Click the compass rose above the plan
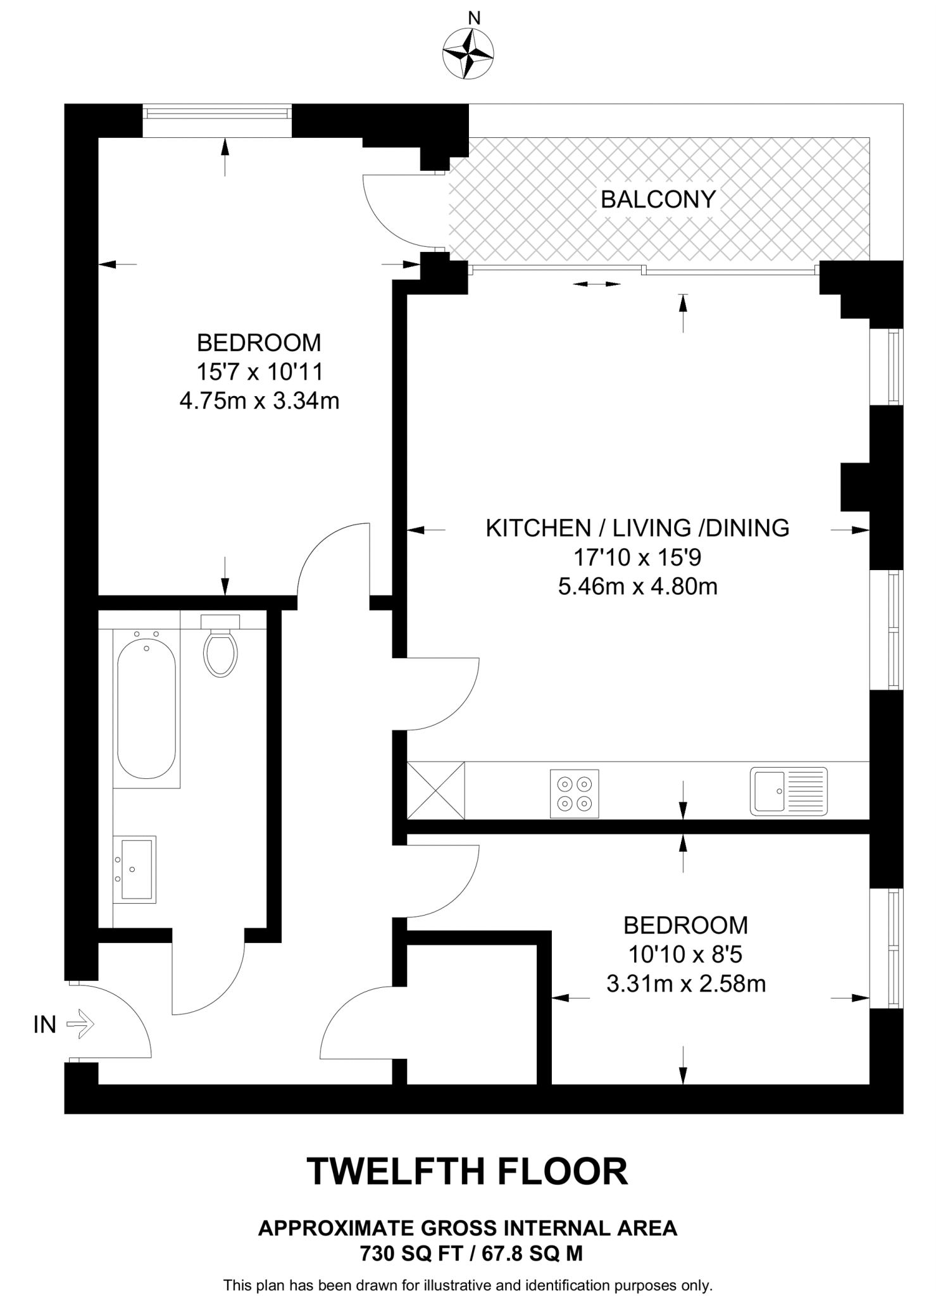[468, 54]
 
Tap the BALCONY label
[658, 199]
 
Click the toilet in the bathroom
[220, 645]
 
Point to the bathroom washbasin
[135, 869]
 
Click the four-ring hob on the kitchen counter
[575, 793]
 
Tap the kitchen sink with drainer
[789, 791]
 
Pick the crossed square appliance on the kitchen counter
[435, 790]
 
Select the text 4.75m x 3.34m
[259, 401]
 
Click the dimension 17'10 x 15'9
[638, 558]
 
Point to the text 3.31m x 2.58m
[686, 984]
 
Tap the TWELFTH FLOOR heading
[468, 1171]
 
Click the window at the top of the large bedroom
[217, 113]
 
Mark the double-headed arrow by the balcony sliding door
[597, 284]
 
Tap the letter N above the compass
[473, 18]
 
